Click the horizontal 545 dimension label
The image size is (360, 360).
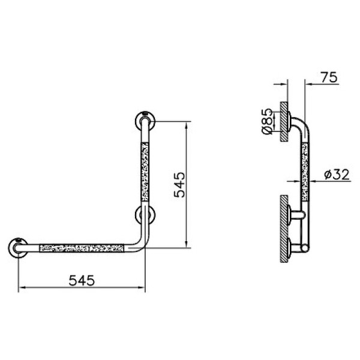[x=82, y=280]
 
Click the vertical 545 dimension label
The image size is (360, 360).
[x=179, y=185]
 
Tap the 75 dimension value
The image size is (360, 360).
[x=329, y=77]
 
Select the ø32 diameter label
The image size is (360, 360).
[x=337, y=175]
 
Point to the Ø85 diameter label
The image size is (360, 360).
[x=267, y=121]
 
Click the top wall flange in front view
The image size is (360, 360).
[x=145, y=121]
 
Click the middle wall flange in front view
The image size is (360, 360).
[x=145, y=215]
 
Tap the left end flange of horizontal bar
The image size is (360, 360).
[x=18, y=248]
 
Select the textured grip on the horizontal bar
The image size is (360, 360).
[x=82, y=248]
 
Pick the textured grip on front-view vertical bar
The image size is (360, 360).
[x=145, y=172]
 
